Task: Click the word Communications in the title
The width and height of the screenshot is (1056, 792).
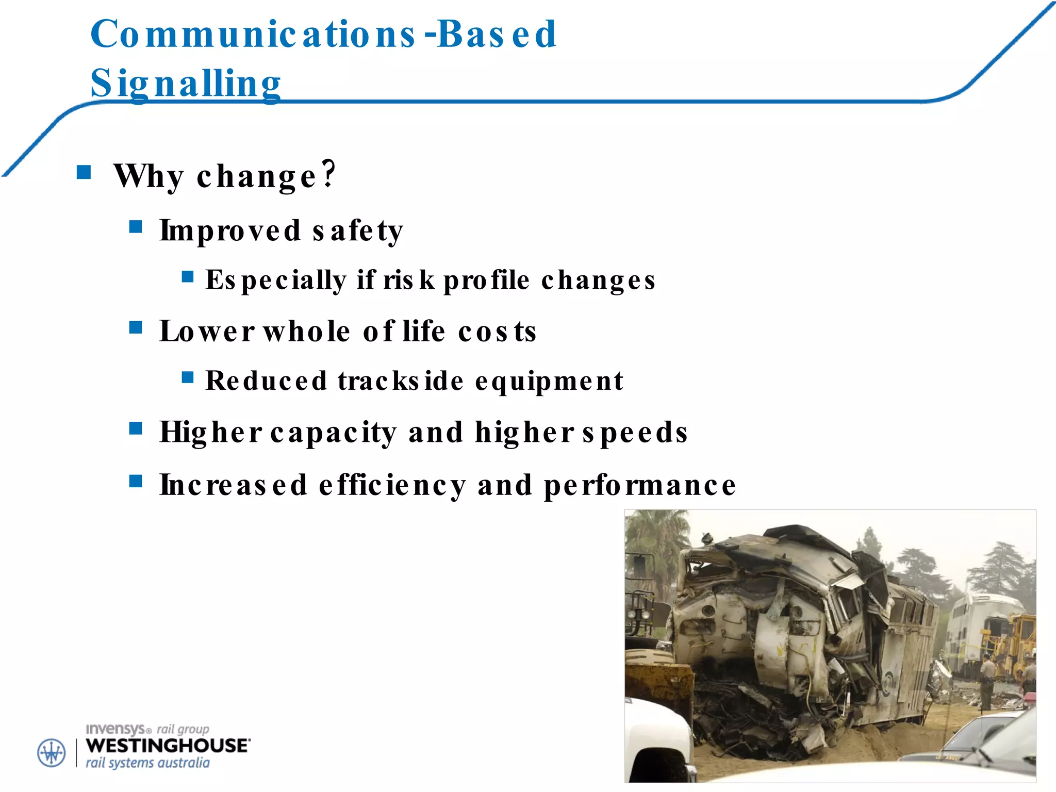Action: pos(253,34)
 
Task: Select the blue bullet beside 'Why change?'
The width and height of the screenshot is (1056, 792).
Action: pos(84,172)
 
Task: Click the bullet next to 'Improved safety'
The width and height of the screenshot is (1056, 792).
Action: pos(136,226)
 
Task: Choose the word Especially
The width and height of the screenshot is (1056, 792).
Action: pos(276,280)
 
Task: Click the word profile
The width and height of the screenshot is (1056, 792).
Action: pos(486,280)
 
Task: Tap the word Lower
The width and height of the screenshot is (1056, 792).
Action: pos(207,331)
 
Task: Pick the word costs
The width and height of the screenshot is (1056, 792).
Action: pos(497,331)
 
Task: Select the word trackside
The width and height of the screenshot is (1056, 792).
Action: pos(401,381)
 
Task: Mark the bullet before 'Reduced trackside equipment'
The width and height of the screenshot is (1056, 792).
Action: pos(188,378)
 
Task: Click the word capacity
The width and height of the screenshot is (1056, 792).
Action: pos(334,432)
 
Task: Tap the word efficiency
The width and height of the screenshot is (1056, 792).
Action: pos(392,485)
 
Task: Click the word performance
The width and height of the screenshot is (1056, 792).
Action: pos(640,485)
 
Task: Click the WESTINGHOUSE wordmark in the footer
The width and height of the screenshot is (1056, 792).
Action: pos(168,746)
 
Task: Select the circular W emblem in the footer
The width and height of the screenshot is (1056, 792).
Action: pos(52,753)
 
